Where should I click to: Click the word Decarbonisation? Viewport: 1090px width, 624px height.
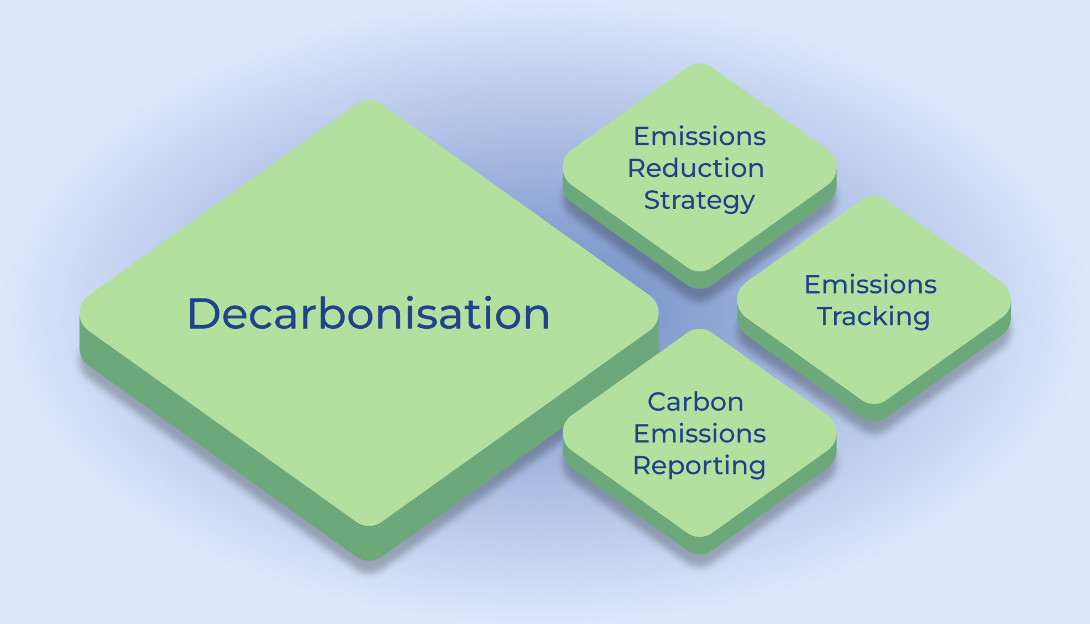[369, 313]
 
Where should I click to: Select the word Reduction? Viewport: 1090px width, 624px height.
[696, 168]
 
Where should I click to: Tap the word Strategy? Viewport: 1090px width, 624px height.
[699, 201]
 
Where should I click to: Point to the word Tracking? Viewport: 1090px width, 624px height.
[873, 317]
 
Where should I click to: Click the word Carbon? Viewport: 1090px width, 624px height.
[695, 402]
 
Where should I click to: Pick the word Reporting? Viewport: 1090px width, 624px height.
[699, 466]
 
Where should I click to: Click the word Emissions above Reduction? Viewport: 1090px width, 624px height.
[699, 136]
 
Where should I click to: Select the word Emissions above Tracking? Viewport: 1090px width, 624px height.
[871, 285]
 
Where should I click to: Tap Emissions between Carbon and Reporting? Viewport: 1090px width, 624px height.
[699, 434]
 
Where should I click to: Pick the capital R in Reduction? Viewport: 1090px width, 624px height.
[638, 168]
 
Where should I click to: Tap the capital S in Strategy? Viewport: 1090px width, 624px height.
[653, 200]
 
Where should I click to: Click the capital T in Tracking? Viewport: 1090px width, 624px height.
[826, 317]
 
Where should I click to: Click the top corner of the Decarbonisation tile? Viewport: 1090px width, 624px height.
[369, 101]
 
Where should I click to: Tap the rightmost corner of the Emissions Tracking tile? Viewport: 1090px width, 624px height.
[1010, 301]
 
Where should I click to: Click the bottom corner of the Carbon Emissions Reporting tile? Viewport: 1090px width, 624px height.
[699, 554]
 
